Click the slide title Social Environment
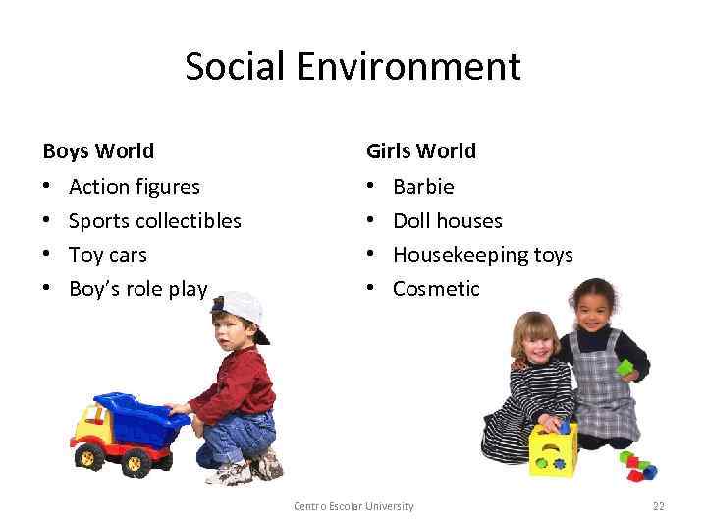pyautogui.click(x=353, y=67)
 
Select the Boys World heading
pyautogui.click(x=98, y=150)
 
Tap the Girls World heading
pyautogui.click(x=420, y=150)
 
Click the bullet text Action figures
pyautogui.click(x=135, y=186)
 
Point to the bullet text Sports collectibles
pyautogui.click(x=155, y=220)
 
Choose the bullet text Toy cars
pyautogui.click(x=108, y=254)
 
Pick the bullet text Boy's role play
pyautogui.click(x=138, y=288)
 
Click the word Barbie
pyautogui.click(x=423, y=186)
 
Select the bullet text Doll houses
pyautogui.click(x=447, y=220)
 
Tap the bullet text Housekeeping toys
pyautogui.click(x=482, y=254)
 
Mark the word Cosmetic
pyautogui.click(x=436, y=288)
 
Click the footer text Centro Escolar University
pyautogui.click(x=353, y=506)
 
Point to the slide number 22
pyautogui.click(x=658, y=506)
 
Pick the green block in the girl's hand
pyautogui.click(x=625, y=368)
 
